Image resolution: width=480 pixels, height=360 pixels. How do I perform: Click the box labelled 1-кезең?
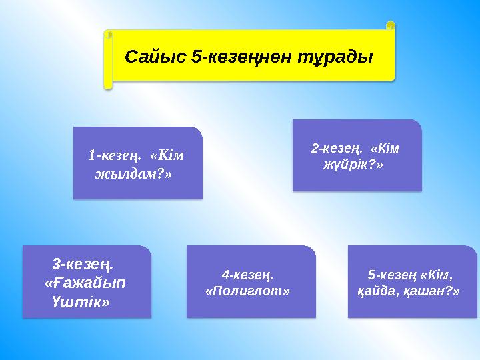click(x=137, y=163)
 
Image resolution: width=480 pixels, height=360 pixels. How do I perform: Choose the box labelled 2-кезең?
click(x=357, y=155)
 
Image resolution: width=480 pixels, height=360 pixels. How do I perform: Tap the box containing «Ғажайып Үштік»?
click(x=87, y=281)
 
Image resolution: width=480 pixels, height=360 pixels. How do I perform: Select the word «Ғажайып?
click(x=86, y=283)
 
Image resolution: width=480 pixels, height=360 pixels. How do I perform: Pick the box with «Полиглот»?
click(x=250, y=281)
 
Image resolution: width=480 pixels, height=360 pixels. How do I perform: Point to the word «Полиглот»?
click(x=248, y=291)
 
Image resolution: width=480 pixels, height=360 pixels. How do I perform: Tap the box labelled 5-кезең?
click(x=412, y=281)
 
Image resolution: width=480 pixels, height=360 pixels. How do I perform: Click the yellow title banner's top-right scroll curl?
click(x=390, y=26)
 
